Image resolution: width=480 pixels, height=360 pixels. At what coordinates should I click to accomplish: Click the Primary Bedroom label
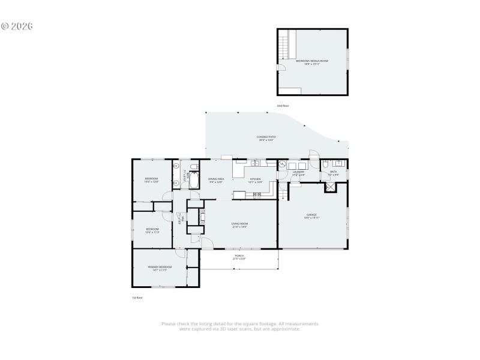click(x=160, y=268)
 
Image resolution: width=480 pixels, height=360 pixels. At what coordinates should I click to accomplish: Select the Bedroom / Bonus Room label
click(x=312, y=61)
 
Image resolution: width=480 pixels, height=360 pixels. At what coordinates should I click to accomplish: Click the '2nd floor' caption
click(x=283, y=106)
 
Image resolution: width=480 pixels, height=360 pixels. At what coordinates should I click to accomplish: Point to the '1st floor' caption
click(x=137, y=298)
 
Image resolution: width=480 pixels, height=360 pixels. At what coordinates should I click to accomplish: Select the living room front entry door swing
click(x=206, y=244)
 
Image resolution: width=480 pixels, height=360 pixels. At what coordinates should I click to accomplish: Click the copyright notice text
click(x=17, y=26)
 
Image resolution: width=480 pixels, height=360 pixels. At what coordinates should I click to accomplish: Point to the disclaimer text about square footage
click(x=240, y=326)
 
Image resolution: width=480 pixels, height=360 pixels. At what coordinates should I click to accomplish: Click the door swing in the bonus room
click(x=280, y=67)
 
